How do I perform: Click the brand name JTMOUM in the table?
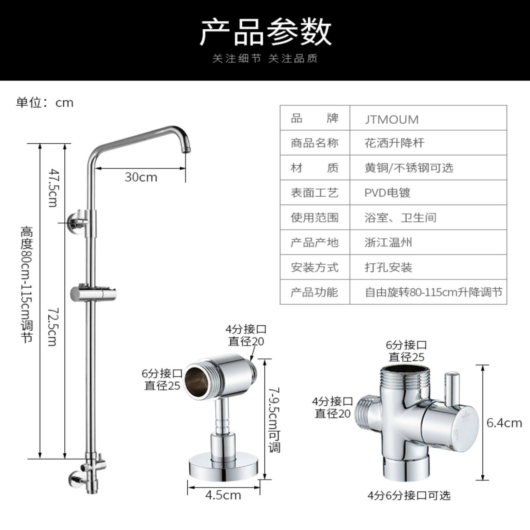(x=391, y=119)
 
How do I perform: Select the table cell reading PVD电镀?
(x=387, y=193)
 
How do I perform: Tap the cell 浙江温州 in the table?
(x=388, y=243)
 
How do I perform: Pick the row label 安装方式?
(x=314, y=267)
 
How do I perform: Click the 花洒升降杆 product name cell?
(x=394, y=143)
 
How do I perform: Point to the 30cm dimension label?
(x=141, y=177)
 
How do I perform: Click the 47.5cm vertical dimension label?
(x=53, y=188)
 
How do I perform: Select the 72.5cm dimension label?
(x=53, y=326)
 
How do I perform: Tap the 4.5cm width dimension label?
(x=223, y=495)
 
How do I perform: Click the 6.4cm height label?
(x=504, y=423)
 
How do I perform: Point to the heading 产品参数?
(x=265, y=33)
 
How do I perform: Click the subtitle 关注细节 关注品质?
(x=265, y=59)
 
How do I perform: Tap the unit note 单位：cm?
(x=45, y=103)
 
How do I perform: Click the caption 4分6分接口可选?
(x=409, y=495)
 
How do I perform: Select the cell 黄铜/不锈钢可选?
(x=409, y=168)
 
